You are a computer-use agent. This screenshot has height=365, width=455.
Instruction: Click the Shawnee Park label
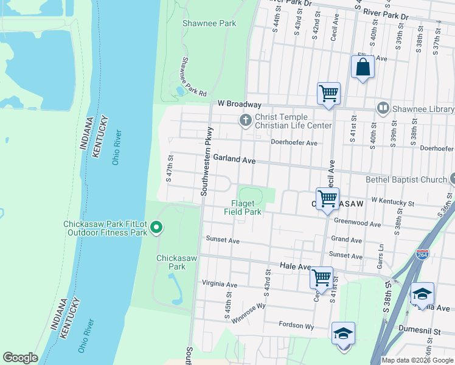[209, 24]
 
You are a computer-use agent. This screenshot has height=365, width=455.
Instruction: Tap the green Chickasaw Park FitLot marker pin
[156, 228]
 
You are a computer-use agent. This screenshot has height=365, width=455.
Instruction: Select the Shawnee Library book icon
[383, 109]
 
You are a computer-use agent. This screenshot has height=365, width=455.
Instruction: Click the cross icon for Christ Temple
[246, 120]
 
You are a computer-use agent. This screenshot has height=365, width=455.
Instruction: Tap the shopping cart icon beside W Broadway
[328, 94]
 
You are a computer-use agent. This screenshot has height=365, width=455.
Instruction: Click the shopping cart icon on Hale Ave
[321, 277]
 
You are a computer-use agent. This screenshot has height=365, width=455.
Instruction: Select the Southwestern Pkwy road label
[207, 161]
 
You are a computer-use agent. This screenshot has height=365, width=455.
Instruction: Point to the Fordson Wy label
[296, 326]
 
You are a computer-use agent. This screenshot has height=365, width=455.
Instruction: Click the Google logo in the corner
[20, 358]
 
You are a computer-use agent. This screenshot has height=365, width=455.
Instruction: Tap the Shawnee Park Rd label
[193, 76]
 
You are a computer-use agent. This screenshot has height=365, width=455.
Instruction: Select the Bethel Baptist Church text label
[406, 179]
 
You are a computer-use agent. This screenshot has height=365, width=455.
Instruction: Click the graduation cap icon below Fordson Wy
[344, 333]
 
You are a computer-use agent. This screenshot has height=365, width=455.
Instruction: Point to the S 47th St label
[170, 168]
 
